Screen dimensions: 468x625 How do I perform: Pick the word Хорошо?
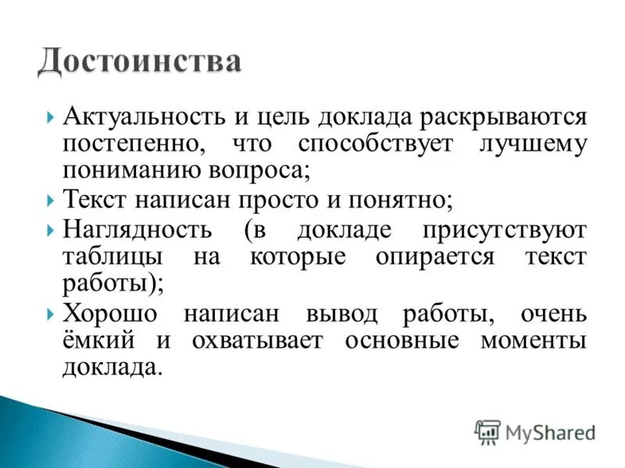click(x=109, y=314)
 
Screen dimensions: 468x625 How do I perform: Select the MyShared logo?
click(x=534, y=431)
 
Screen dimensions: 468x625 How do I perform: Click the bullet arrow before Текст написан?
click(x=52, y=200)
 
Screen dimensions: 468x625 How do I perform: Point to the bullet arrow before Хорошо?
click(x=52, y=314)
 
